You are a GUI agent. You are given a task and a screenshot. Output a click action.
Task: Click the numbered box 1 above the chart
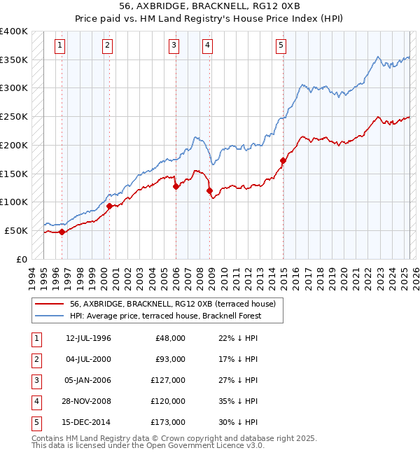(x=61, y=46)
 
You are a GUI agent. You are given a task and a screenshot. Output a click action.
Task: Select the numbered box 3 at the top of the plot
(x=174, y=46)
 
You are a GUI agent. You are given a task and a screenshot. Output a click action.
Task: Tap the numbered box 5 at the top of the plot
(x=281, y=46)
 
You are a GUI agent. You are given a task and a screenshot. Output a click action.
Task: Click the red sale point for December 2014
(x=283, y=160)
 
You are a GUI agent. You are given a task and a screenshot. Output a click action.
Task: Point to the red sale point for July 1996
(x=62, y=232)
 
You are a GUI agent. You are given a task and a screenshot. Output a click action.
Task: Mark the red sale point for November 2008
(x=209, y=190)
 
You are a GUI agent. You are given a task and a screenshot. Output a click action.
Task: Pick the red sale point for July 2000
(x=110, y=206)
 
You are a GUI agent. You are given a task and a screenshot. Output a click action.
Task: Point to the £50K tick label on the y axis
(x=16, y=230)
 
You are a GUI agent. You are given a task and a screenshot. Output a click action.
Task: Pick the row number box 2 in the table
(x=34, y=359)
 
